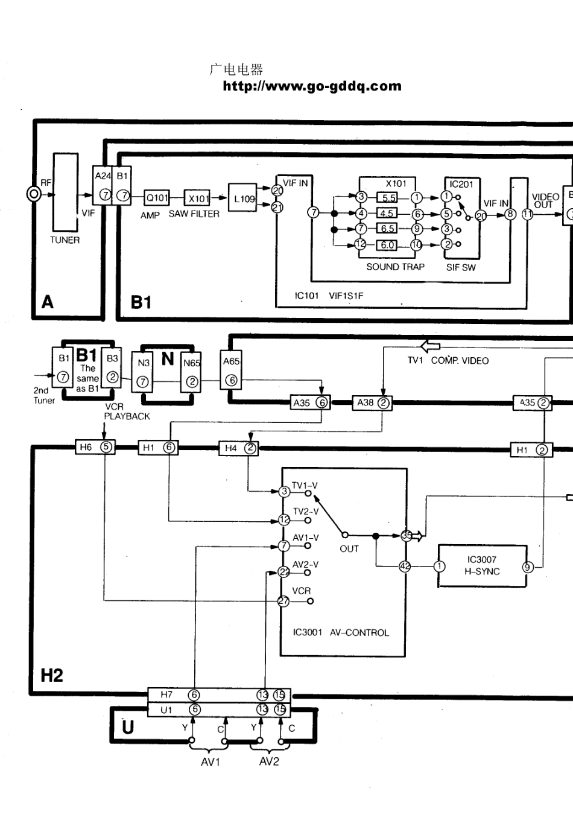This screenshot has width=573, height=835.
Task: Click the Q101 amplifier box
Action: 157,197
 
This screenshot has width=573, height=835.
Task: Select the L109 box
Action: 244,198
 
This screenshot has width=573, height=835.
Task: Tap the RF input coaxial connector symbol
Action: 34,194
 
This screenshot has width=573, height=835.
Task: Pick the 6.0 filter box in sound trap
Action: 387,245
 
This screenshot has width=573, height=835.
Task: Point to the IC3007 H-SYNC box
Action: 482,566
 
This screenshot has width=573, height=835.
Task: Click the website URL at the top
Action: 312,86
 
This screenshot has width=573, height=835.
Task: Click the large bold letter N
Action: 168,359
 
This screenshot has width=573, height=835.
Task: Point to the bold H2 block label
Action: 52,675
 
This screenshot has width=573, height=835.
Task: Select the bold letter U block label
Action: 128,727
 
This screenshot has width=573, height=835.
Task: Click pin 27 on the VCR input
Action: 283,601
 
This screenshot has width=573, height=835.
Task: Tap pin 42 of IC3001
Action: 405,567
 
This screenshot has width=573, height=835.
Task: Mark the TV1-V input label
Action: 305,485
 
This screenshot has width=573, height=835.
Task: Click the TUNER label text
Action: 65,240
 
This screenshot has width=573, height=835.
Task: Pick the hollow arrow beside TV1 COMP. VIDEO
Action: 430,347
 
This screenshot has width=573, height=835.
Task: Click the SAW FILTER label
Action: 194,214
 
